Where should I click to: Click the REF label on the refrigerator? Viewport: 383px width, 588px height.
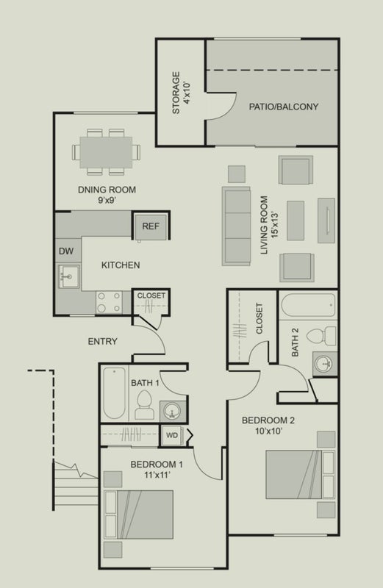(x=151, y=226)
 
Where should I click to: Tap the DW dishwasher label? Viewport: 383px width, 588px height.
(x=66, y=251)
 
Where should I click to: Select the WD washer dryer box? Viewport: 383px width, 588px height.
(x=172, y=435)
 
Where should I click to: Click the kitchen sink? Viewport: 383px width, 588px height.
(x=68, y=276)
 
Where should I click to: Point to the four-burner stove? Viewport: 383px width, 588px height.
(x=109, y=302)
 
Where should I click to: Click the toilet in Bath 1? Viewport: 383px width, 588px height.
(x=144, y=405)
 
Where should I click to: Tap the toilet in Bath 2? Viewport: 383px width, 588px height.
(x=321, y=336)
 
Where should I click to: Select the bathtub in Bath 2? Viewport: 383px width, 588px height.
(x=308, y=305)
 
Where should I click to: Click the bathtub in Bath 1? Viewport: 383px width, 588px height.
(x=115, y=393)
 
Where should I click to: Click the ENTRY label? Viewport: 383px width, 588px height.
(x=102, y=341)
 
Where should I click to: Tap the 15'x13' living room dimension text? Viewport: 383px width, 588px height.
(x=276, y=226)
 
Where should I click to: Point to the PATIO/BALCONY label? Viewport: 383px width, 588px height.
(x=284, y=107)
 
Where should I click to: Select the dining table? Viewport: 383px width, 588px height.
(x=106, y=152)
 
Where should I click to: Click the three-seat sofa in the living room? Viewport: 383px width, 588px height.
(x=236, y=226)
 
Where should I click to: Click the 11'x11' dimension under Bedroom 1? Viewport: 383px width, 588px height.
(x=157, y=475)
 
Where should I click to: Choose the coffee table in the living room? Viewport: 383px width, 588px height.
(x=296, y=220)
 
